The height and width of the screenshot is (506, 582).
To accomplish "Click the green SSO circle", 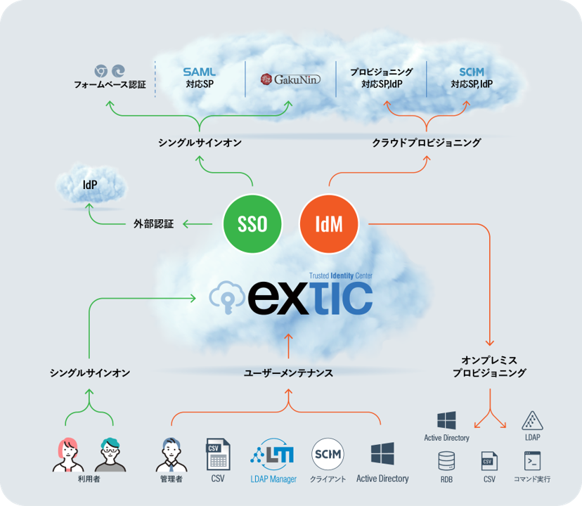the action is (x=252, y=224).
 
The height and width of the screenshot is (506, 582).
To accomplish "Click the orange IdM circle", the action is (x=329, y=224).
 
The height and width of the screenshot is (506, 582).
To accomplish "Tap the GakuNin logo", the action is (x=290, y=79).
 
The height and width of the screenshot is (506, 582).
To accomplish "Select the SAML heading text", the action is (x=200, y=72).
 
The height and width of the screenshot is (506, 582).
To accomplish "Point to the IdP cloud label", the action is (x=90, y=185).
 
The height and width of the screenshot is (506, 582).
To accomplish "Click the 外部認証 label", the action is (x=154, y=224).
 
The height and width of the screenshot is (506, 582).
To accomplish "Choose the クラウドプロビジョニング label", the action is (x=427, y=143).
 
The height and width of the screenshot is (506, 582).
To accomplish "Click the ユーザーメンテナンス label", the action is (x=288, y=372).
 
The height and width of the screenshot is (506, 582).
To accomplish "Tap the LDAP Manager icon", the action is (x=273, y=454).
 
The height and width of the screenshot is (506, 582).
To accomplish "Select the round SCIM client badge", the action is (x=328, y=454).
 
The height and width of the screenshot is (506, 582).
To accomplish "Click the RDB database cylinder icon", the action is (x=446, y=461).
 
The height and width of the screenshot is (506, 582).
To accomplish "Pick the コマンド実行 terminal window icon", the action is (x=532, y=461).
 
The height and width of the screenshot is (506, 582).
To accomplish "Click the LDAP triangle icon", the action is (x=532, y=421).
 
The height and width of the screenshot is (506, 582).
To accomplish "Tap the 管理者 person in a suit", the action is (x=171, y=455).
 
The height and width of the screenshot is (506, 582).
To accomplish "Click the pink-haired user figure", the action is (x=68, y=455).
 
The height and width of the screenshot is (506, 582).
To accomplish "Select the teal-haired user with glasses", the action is (x=110, y=455).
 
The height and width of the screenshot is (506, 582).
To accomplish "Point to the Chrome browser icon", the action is (x=101, y=71).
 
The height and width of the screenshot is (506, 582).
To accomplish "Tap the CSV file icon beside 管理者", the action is (x=218, y=455).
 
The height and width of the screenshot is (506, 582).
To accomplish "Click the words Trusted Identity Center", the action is (x=341, y=275).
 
